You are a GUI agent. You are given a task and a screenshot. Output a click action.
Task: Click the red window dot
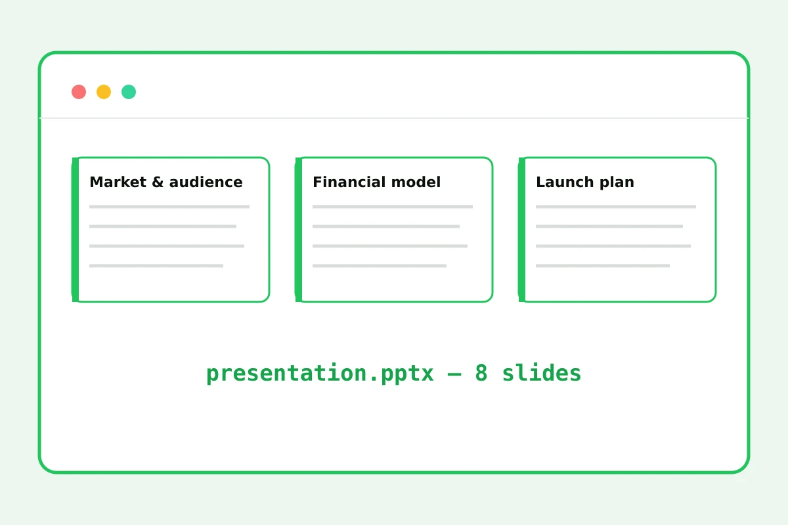79,92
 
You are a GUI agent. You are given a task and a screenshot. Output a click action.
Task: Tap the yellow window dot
104,92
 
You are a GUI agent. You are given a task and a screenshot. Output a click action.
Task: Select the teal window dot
129,92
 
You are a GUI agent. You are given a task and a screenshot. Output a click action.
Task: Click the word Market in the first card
118,182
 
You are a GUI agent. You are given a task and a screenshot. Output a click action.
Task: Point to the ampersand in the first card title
158,182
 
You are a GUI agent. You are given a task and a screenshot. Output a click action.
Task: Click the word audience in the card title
206,182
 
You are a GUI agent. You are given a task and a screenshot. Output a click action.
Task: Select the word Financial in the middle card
349,182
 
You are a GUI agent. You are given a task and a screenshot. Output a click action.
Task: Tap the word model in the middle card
416,182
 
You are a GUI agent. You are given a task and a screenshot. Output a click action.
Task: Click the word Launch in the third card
565,182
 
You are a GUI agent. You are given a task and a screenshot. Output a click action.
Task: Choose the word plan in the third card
617,183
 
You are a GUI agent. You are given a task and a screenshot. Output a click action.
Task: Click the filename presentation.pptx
320,373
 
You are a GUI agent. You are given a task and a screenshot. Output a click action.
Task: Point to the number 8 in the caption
481,373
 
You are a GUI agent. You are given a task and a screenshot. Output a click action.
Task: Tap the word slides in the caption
541,373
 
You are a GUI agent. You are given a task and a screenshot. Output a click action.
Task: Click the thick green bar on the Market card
76,230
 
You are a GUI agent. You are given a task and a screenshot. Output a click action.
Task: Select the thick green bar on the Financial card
299,230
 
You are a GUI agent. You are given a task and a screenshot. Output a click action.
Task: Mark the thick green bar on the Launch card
521,230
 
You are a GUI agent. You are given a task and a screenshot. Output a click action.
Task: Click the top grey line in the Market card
169,207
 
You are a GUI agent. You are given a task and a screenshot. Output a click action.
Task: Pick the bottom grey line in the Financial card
380,266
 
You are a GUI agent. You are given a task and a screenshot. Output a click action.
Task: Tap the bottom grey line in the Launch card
603,266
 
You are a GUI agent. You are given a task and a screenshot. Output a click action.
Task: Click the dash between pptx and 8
454,374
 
